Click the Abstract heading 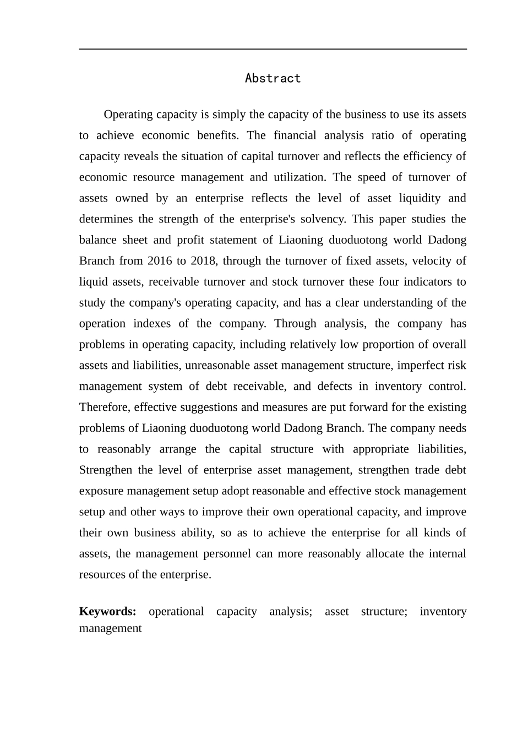pos(273,78)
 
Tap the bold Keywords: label pos(108,611)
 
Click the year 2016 pos(160,261)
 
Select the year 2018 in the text pos(203,261)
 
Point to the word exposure pos(101,491)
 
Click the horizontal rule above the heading pos(273,49)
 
